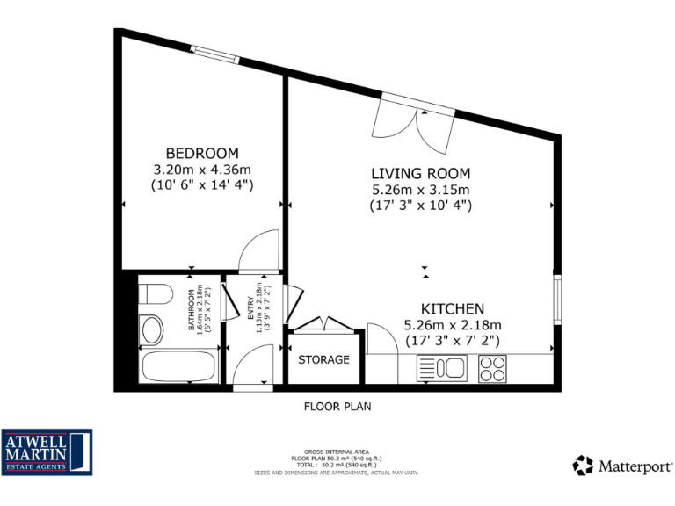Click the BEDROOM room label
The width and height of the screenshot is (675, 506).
pos(202,152)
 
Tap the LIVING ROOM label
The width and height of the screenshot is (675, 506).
pos(420,173)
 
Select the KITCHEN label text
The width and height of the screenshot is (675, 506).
pos(452,308)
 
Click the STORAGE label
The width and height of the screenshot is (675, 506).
pos(323,359)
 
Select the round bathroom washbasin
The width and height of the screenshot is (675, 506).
pos(153,331)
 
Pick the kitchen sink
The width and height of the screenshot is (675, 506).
pos(443,367)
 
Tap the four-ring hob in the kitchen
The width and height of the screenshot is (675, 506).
pos(492,367)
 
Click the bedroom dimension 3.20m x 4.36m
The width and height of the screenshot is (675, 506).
pos(202,169)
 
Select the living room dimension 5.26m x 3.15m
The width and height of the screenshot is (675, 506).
pos(420,189)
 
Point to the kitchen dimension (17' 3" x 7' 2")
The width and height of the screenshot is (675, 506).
pos(452,340)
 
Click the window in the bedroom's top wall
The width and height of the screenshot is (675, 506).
pos(214,54)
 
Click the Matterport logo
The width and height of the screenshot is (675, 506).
pos(623,465)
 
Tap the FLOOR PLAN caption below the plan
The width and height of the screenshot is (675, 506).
pos(337,406)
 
